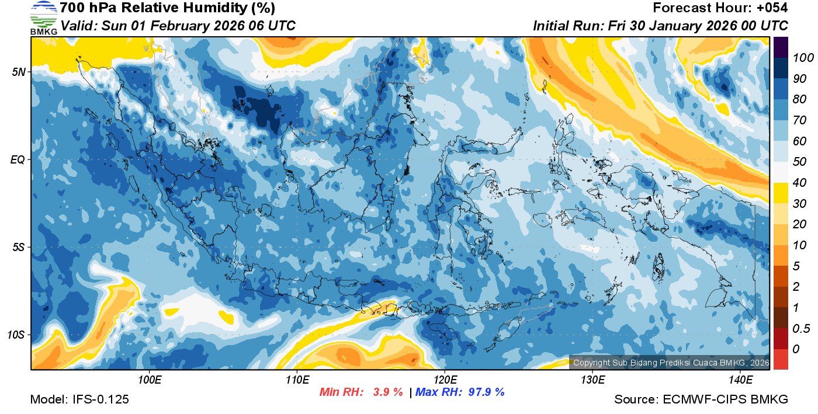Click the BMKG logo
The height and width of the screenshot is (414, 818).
tap(44, 18)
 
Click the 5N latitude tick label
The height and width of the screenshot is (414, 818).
tap(18, 72)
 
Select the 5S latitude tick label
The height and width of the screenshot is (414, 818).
tap(18, 248)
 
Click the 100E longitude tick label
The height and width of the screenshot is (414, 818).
tap(149, 380)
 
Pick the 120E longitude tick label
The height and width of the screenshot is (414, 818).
tap(445, 380)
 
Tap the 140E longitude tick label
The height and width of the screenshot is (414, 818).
tap(740, 380)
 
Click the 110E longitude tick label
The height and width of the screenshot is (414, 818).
tap(297, 380)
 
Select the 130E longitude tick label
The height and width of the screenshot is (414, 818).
tap(592, 380)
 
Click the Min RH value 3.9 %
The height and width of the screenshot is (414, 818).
tap(388, 392)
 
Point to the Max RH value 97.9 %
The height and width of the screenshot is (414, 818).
tap(486, 392)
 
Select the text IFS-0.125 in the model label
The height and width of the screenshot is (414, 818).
tap(100, 400)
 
